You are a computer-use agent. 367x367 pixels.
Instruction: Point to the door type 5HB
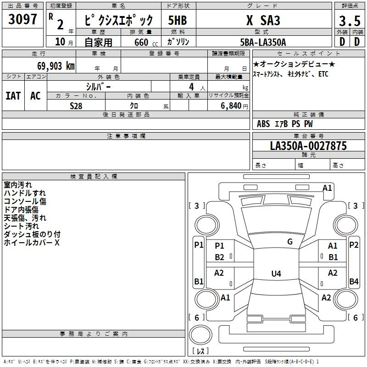[x=177, y=21]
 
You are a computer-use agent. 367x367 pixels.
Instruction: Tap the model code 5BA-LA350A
[x=263, y=42]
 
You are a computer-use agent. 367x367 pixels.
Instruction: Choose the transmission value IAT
[x=13, y=96]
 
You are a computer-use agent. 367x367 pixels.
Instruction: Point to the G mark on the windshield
[x=290, y=242]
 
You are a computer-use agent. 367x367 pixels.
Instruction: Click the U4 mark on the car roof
[x=276, y=274]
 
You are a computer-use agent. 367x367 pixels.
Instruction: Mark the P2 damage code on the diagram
[x=354, y=245]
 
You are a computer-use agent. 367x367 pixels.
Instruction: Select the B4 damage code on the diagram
[x=354, y=281]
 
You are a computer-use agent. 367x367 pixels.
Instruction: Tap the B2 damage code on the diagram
[x=219, y=257]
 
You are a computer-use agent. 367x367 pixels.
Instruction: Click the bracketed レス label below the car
[x=200, y=351]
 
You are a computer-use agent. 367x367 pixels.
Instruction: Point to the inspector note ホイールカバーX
[x=32, y=243]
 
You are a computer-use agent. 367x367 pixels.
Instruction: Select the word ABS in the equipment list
[x=263, y=123]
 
